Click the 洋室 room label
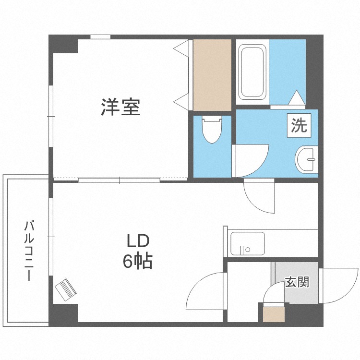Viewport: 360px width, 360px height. (x=120, y=107)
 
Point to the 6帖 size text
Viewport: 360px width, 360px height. (x=138, y=261)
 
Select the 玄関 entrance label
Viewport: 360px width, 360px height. (x=297, y=282)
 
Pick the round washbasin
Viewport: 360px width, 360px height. (x=307, y=158)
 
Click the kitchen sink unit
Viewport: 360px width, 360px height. (x=247, y=244)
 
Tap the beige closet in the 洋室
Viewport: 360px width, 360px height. (x=213, y=74)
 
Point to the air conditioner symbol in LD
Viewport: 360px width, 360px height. (x=66, y=289)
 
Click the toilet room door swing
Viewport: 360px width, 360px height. (x=250, y=161)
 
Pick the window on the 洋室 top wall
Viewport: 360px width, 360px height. (x=100, y=37)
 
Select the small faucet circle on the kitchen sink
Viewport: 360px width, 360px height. (x=248, y=250)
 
